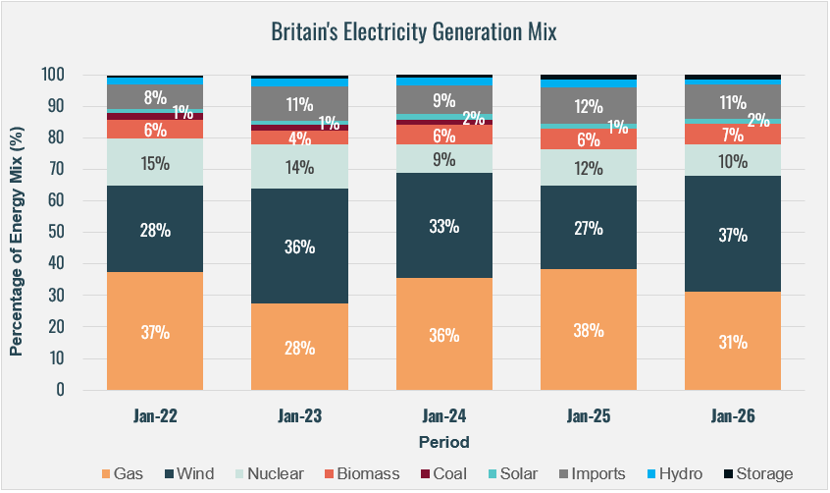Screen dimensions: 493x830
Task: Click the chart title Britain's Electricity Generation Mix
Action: point(414,32)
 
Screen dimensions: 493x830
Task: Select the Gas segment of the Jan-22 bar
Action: point(155,331)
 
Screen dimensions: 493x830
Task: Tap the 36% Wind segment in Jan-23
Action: point(300,246)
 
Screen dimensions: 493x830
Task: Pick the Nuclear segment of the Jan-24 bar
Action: point(444,158)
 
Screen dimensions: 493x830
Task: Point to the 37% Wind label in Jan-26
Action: point(733,236)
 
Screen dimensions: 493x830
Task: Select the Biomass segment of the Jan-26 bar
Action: point(733,133)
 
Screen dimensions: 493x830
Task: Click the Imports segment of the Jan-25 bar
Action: point(589,105)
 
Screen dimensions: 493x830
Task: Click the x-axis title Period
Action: point(443,441)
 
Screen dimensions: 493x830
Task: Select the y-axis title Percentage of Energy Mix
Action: point(17,232)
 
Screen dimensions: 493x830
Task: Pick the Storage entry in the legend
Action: point(755,473)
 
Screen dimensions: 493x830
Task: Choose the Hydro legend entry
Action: point(672,473)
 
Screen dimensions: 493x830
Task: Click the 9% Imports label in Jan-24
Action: point(444,99)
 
